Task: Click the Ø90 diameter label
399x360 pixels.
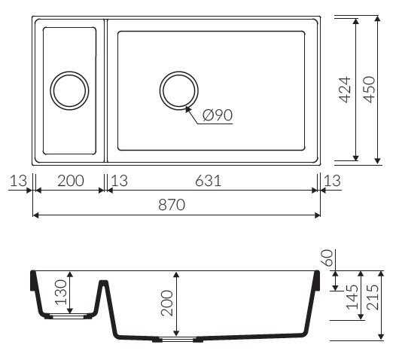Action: (x=218, y=115)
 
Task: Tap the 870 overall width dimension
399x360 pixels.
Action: (x=172, y=205)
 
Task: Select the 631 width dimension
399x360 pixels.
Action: (x=208, y=181)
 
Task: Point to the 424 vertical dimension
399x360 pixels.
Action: (x=346, y=90)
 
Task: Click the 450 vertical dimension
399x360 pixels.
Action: (x=369, y=90)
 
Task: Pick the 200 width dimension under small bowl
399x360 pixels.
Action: (x=71, y=181)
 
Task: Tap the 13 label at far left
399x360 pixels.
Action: (x=18, y=181)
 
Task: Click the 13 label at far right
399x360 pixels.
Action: (x=332, y=181)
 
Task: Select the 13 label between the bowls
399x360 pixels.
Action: (x=120, y=181)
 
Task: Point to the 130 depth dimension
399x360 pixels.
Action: (x=61, y=292)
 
